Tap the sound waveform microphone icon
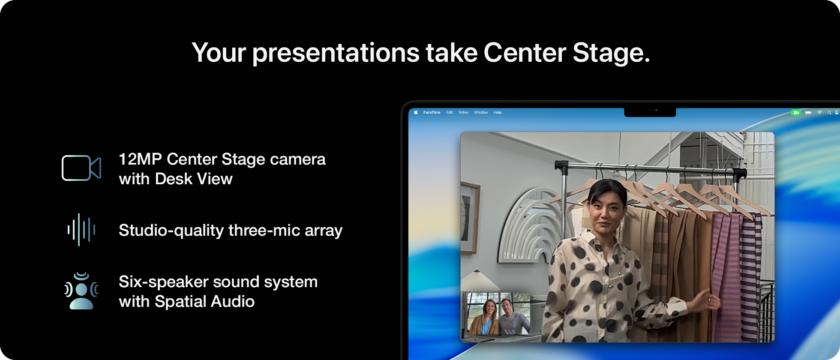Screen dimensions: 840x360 pyautogui.click(x=81, y=230)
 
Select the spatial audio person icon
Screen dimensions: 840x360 pyautogui.click(x=81, y=291)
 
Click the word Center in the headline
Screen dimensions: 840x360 pyautogui.click(x=525, y=53)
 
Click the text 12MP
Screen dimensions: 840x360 pyautogui.click(x=140, y=159)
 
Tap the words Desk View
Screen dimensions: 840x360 pyautogui.click(x=194, y=179)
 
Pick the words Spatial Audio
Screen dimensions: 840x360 pyautogui.click(x=204, y=302)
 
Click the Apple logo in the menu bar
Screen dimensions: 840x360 pyautogui.click(x=416, y=112)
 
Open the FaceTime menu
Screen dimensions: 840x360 pyautogui.click(x=432, y=112)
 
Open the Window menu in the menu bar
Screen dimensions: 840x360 pyautogui.click(x=481, y=112)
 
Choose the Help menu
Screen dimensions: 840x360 pyautogui.click(x=498, y=112)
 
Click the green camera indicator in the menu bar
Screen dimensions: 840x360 pyautogui.click(x=796, y=113)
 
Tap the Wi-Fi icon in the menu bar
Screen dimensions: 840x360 pyautogui.click(x=820, y=113)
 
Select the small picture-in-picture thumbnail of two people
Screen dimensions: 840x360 pyautogui.click(x=498, y=314)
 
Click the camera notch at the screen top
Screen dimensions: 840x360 pyautogui.click(x=650, y=112)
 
